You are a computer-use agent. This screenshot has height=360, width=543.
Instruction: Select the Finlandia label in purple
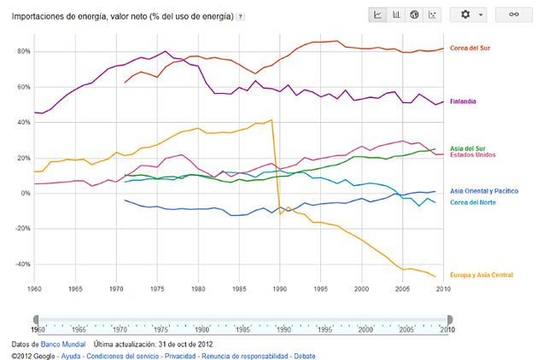[464, 102]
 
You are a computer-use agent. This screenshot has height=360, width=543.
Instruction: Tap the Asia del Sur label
[468, 148]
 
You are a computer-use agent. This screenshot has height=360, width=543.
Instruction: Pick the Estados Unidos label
[472, 155]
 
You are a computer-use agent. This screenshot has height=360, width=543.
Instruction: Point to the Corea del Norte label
[472, 202]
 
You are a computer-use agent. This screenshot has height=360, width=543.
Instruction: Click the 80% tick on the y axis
[22, 52]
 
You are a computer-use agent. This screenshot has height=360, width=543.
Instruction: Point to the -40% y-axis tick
[20, 264]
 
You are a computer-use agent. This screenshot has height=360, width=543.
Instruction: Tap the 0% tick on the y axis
[24, 194]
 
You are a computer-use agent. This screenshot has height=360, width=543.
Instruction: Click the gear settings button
[471, 15]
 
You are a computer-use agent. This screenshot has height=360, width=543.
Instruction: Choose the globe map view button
[415, 15]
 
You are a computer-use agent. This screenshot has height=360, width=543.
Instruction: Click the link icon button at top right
[514, 15]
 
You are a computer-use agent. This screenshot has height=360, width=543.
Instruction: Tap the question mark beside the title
[241, 16]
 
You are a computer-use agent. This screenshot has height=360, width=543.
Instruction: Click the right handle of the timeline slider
[449, 320]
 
